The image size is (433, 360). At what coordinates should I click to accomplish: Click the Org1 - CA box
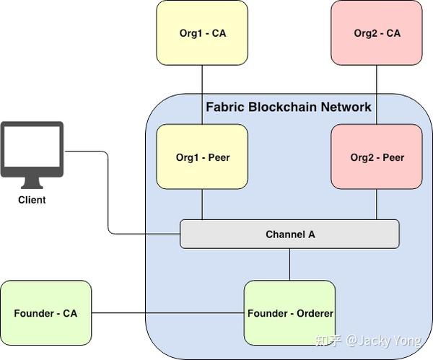(202, 33)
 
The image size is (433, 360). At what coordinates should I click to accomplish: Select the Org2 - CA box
(377, 33)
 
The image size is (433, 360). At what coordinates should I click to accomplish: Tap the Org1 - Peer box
(202, 157)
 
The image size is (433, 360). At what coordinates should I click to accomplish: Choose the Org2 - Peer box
(377, 157)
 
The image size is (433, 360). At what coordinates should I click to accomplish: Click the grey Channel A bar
(289, 234)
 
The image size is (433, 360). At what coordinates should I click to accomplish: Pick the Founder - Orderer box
(289, 314)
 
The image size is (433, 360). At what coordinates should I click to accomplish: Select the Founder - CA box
(45, 313)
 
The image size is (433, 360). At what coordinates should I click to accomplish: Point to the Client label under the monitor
(32, 200)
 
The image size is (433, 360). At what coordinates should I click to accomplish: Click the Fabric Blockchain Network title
(289, 107)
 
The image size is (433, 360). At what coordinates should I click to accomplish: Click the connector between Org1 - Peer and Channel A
(202, 205)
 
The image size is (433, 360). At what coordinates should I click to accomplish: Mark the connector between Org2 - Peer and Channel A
(377, 205)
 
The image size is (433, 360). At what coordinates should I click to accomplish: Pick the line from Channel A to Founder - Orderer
(289, 265)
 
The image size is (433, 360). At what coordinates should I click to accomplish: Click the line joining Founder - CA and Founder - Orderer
(167, 313)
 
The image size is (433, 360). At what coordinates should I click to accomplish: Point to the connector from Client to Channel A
(108, 195)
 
